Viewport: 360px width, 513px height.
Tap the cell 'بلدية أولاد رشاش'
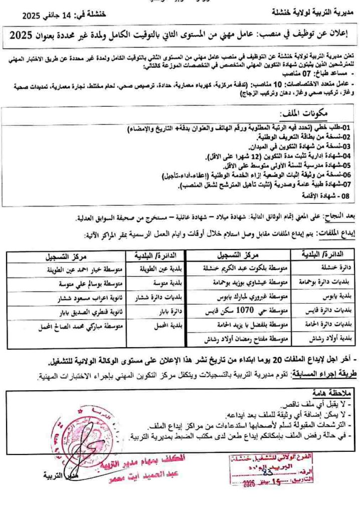327,339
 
